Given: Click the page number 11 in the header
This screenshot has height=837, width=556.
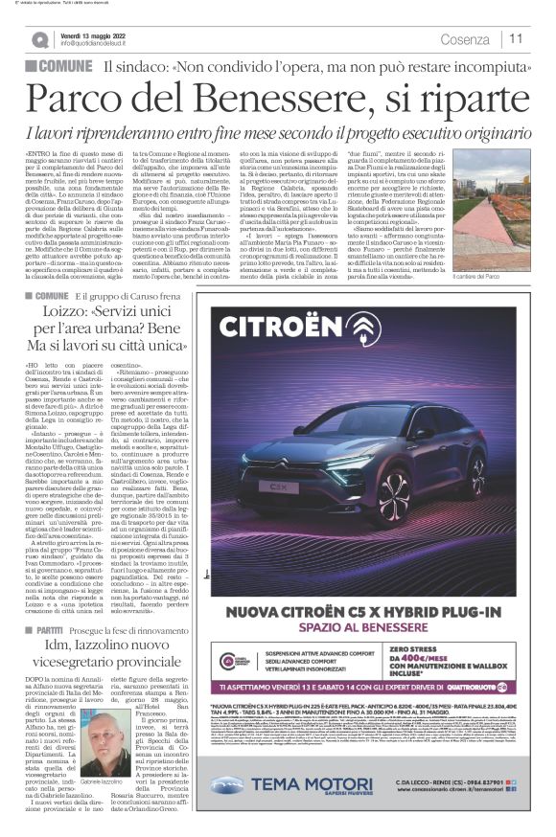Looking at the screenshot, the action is [x=516, y=38].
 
